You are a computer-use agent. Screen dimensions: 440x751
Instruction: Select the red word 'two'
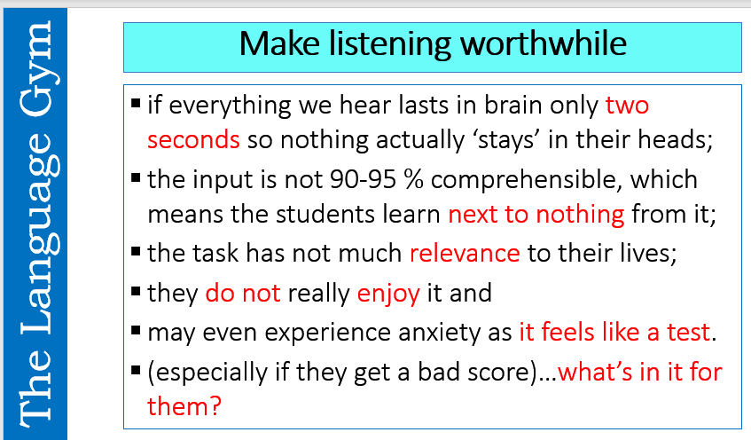[627, 106]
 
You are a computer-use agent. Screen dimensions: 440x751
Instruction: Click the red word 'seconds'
[193, 139]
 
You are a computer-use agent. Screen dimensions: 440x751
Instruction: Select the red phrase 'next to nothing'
[536, 214]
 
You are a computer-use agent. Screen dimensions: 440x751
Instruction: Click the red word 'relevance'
[465, 253]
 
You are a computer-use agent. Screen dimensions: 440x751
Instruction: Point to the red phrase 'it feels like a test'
[614, 333]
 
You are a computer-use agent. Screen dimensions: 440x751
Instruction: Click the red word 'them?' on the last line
[184, 406]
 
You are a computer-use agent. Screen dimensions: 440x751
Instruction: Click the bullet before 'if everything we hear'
[136, 105]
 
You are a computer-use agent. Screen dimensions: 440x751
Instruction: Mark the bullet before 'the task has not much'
[136, 252]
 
